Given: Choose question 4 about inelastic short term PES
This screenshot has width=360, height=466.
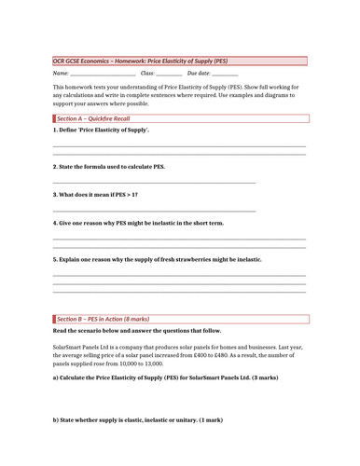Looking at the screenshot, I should coord(138,224).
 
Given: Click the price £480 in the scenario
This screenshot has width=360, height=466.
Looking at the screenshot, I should coord(261,355).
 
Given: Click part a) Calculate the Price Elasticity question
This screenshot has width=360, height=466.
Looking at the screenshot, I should coord(140,378).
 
